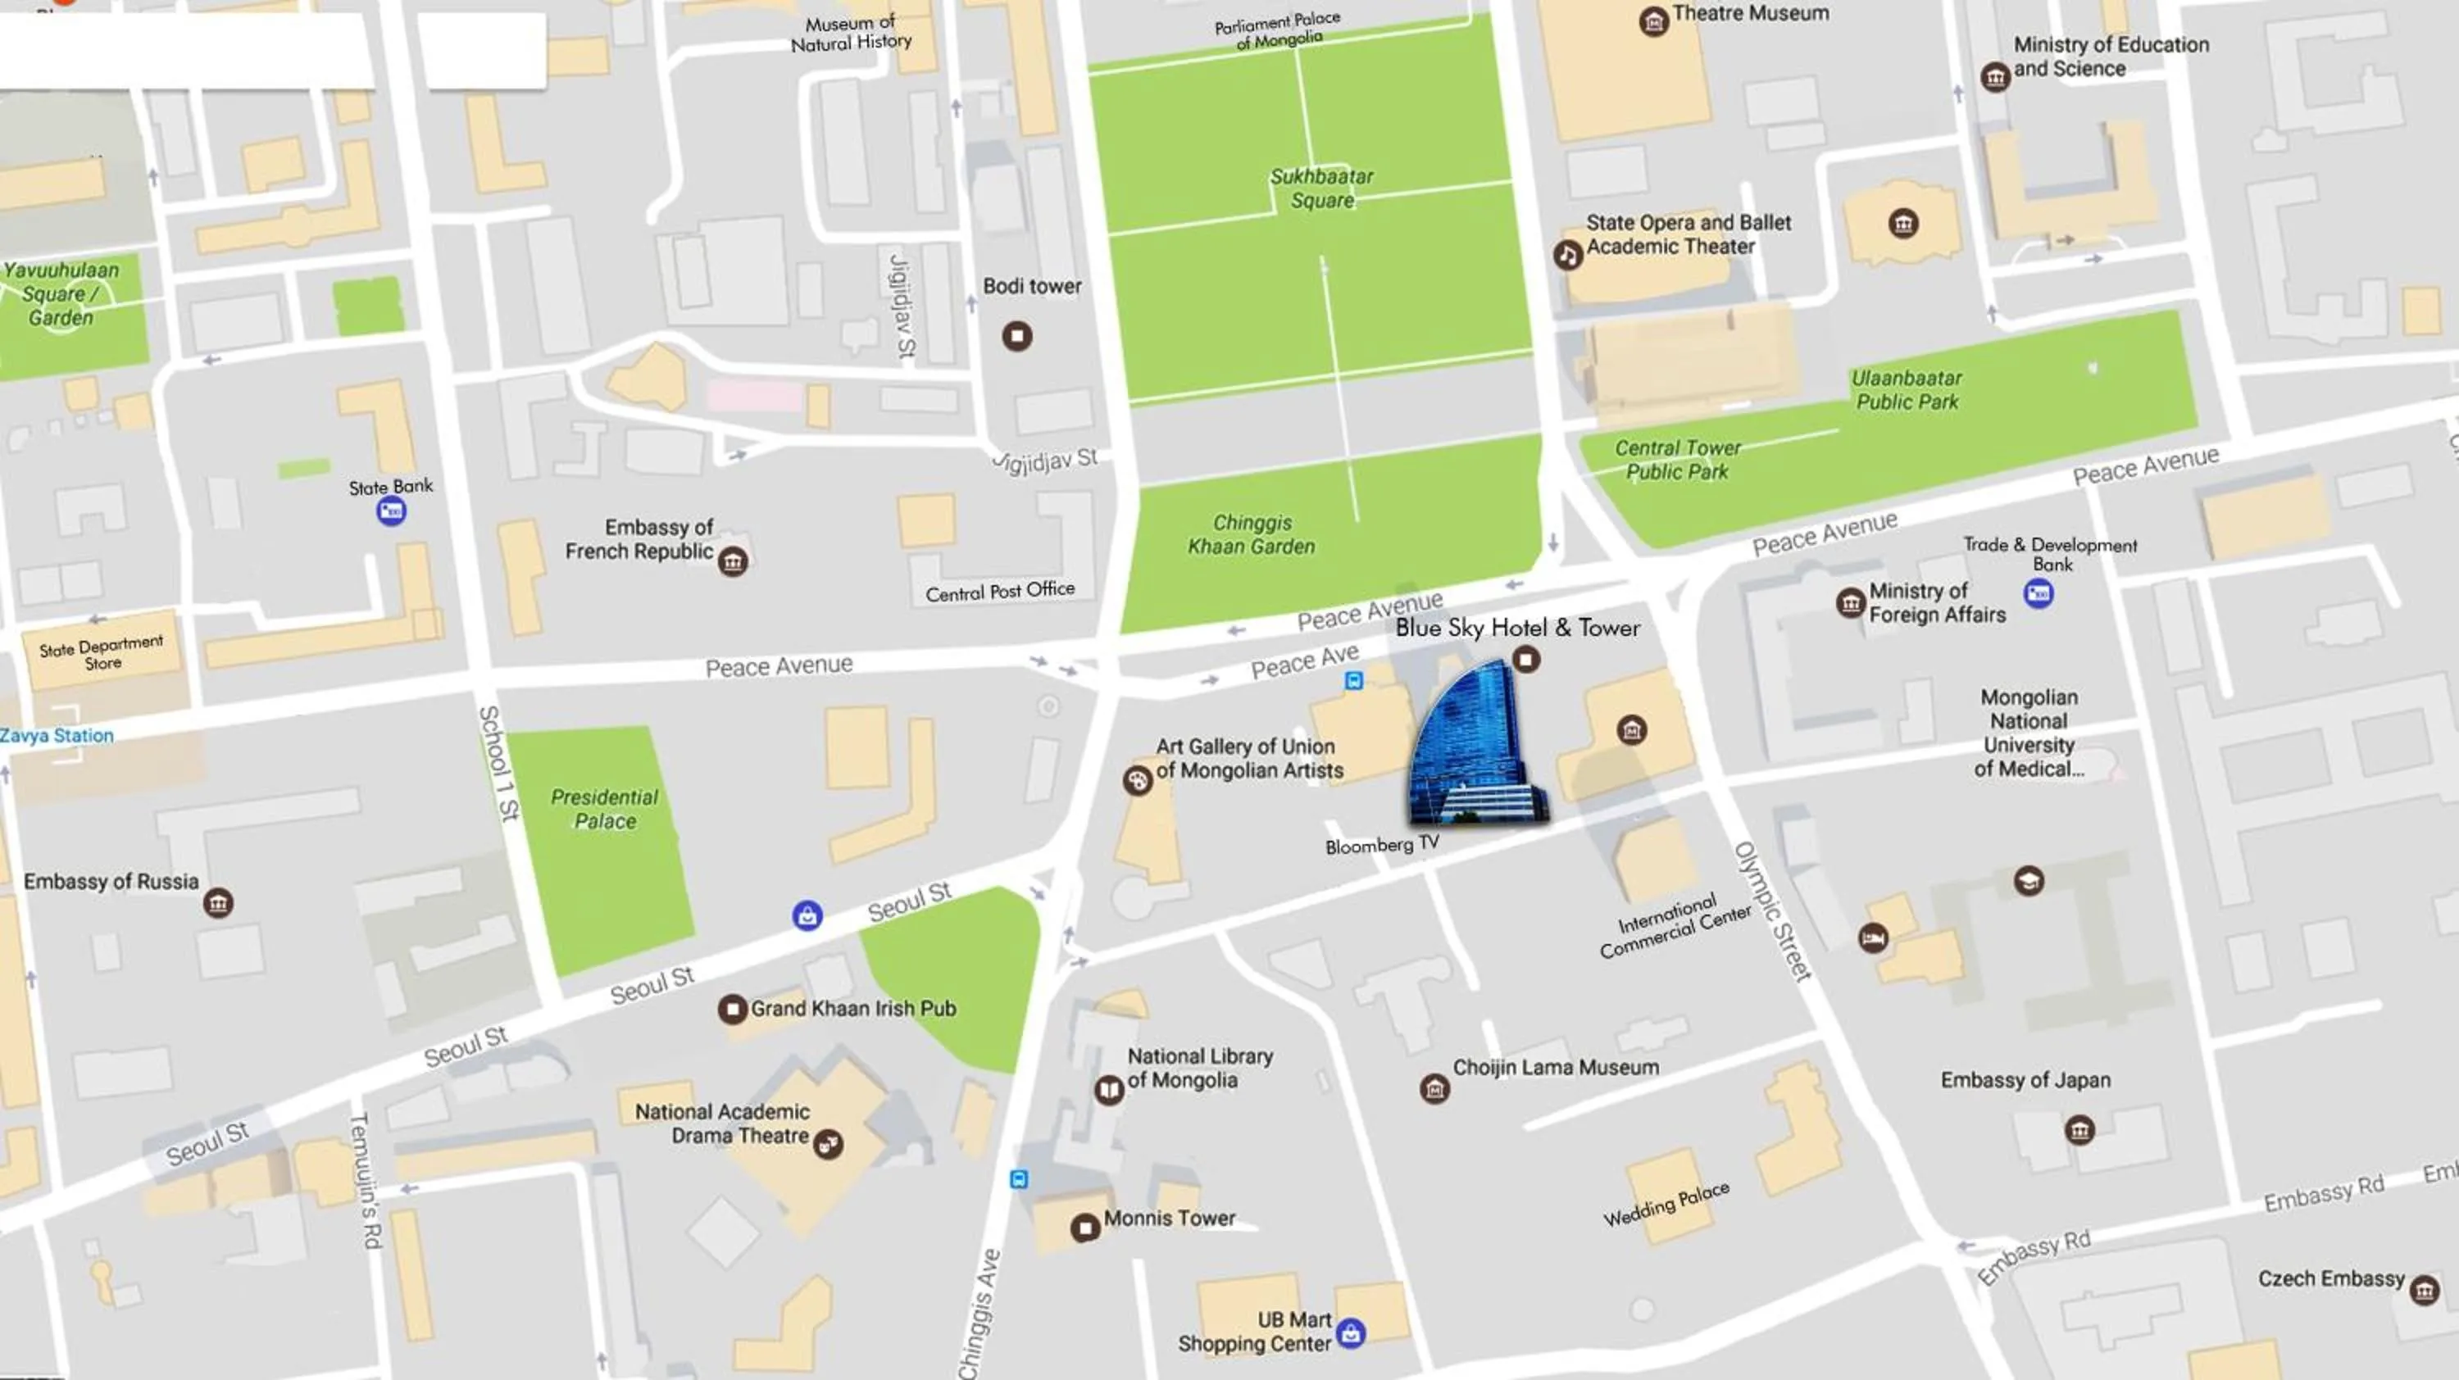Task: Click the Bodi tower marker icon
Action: pos(1016,336)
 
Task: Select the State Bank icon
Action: pos(390,511)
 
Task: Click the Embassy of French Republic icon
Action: pos(732,561)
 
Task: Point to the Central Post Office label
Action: pos(999,592)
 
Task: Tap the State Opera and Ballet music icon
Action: pos(1566,255)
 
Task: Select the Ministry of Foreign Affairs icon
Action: pos(1850,603)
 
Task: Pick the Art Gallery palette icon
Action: pos(1137,781)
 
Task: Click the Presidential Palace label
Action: pos(604,810)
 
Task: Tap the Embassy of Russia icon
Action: pos(218,903)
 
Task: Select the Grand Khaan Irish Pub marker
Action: pos(732,1009)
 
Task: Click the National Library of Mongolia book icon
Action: pos(1108,1089)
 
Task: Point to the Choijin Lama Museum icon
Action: pos(1434,1088)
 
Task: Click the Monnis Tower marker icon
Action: pos(1084,1228)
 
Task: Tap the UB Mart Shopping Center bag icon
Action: pos(1351,1333)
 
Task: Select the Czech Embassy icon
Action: pos(2424,1291)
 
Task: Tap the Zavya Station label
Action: pos(57,736)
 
